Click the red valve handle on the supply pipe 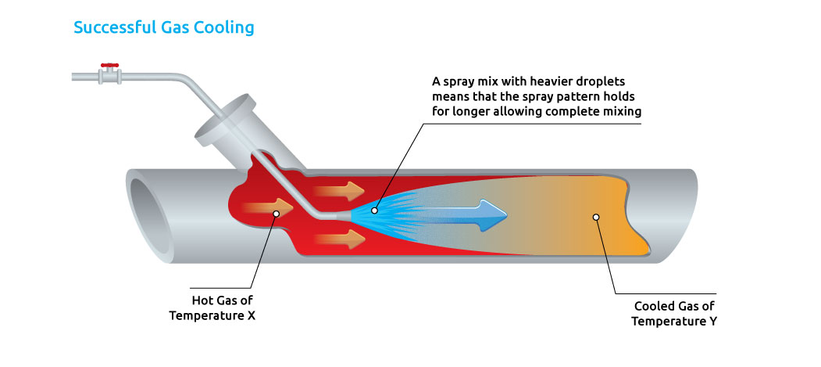(109, 66)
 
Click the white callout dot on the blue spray (376, 210)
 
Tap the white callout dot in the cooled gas (596, 217)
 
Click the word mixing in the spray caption (623, 112)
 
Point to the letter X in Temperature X (250, 317)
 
